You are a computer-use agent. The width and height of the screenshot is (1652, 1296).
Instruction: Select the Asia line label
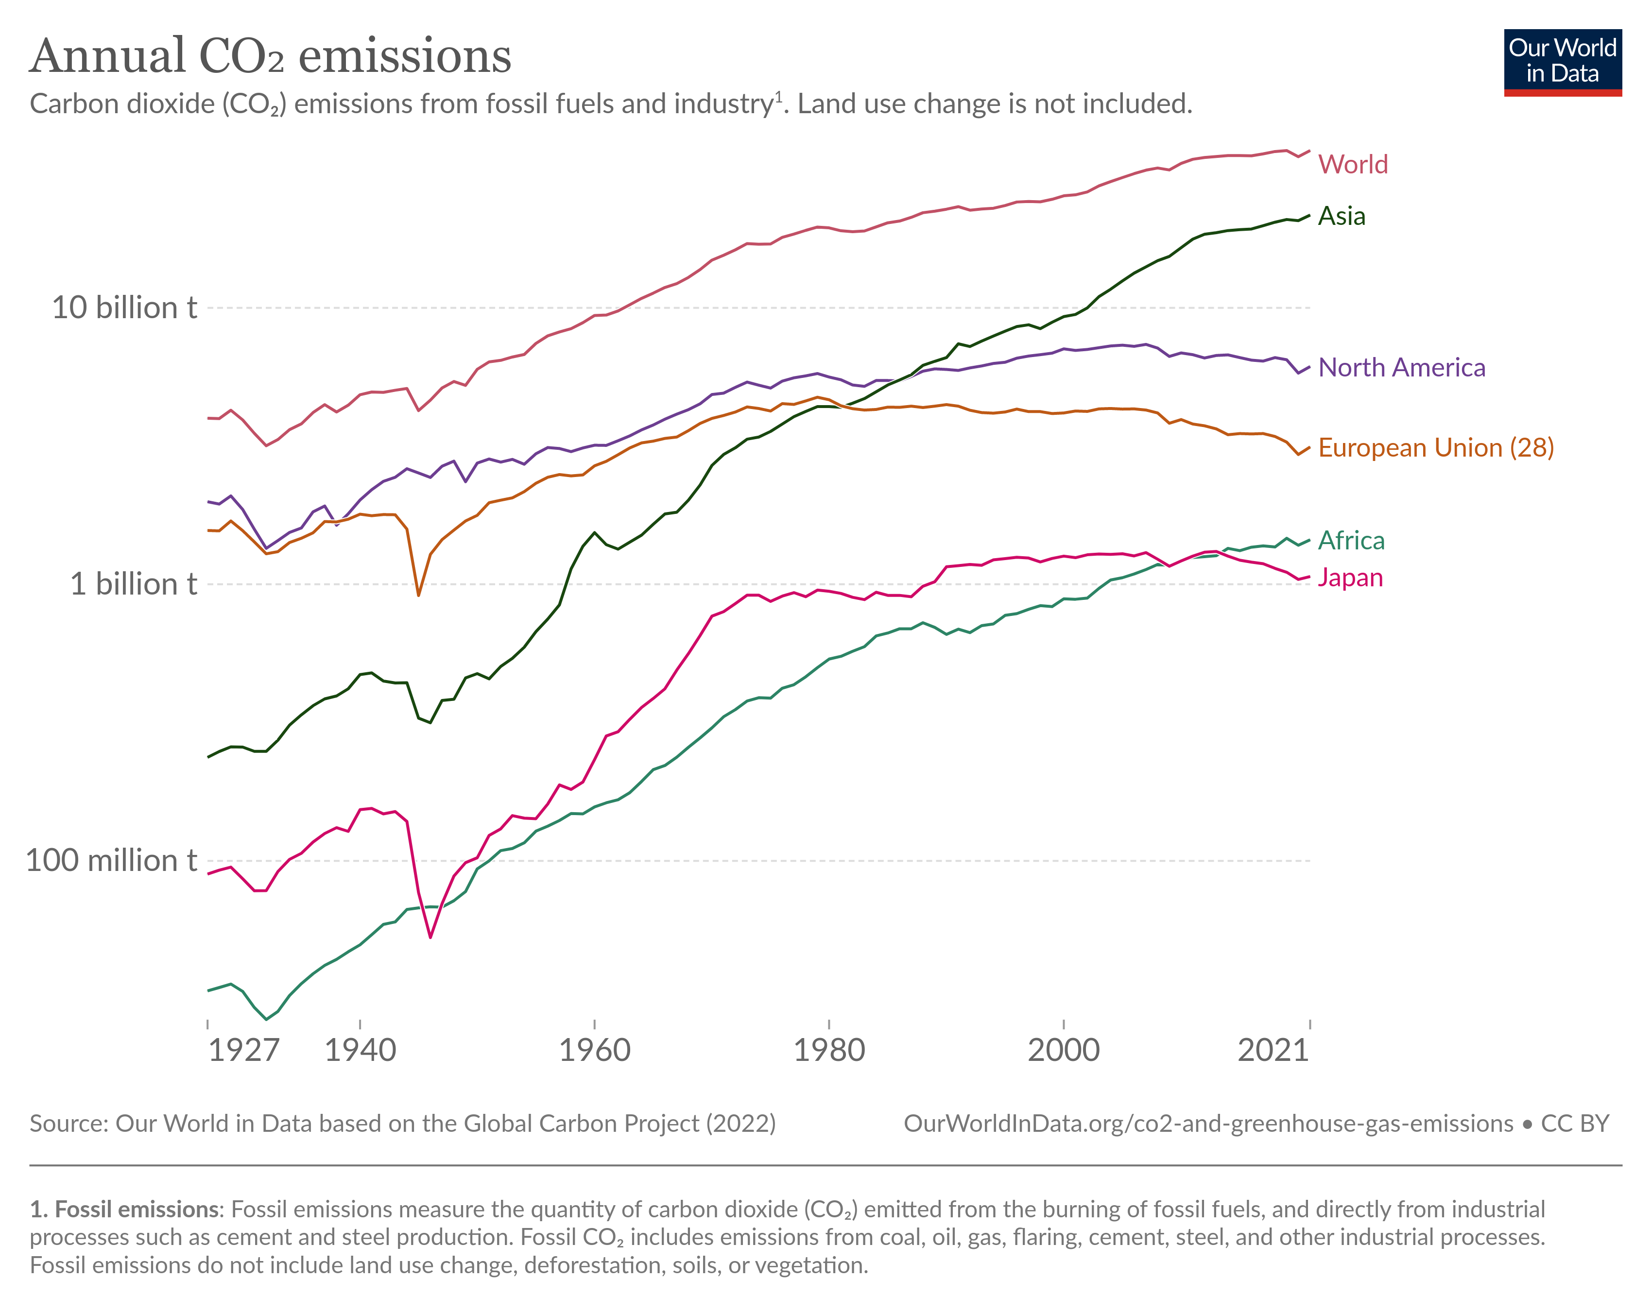1341,216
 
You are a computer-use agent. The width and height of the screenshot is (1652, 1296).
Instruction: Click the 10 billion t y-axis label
124,308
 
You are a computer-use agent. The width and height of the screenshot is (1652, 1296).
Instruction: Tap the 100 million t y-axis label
111,860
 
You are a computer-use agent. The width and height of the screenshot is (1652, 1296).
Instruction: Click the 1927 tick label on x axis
243,1050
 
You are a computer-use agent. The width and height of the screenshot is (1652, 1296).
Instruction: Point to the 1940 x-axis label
361,1050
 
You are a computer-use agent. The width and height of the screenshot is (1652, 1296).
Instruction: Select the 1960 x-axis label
594,1050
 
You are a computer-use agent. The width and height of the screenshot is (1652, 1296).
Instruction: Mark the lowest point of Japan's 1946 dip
430,937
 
